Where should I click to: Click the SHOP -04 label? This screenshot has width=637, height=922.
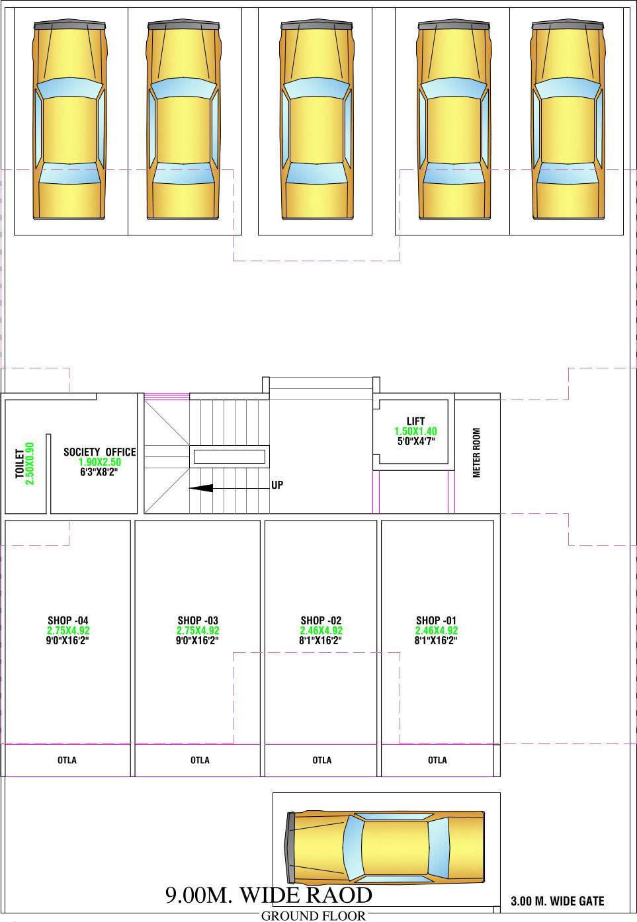point(67,620)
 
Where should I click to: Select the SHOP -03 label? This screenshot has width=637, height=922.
point(198,620)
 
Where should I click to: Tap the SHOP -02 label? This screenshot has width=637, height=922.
point(321,620)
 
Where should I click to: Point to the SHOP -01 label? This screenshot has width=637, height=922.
point(436,620)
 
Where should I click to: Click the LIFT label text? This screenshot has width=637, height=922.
point(415,421)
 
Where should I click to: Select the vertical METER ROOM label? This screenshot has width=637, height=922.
point(477,452)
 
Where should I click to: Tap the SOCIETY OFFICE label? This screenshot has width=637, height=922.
point(100,452)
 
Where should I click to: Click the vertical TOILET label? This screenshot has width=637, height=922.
point(20,464)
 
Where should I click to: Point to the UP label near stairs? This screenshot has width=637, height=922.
point(277,485)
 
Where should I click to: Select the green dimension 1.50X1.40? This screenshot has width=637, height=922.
point(415,431)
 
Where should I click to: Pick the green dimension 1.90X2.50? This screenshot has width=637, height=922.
point(100,462)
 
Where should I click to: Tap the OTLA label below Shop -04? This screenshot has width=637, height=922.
point(67,760)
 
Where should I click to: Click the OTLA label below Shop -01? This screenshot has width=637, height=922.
point(437,760)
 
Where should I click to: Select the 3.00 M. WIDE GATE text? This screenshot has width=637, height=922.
point(558,901)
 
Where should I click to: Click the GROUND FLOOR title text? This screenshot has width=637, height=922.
point(314,916)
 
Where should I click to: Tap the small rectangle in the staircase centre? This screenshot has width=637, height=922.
point(228,456)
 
